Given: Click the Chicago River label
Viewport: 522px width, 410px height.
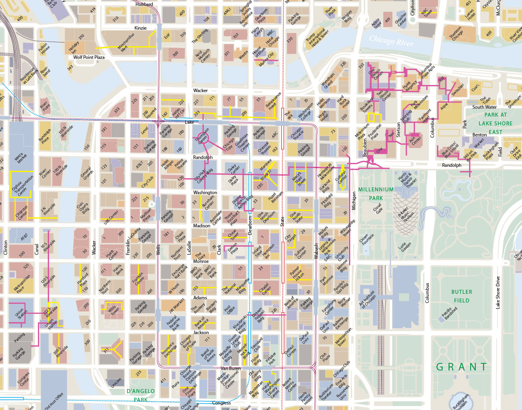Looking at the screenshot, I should click(391, 41).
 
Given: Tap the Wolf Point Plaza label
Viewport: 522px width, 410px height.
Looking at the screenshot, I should click(89, 57).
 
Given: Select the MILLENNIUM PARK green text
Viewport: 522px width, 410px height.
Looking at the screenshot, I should click(376, 194).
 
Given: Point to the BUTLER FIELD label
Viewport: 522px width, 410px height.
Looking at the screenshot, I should click(462, 296).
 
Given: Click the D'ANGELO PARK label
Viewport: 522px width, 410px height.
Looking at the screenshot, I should click(141, 395).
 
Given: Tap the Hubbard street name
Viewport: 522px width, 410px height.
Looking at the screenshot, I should click(144, 4).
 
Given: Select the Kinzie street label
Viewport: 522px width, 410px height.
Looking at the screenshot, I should click(141, 28).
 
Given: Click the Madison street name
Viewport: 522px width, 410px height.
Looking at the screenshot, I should click(202, 226).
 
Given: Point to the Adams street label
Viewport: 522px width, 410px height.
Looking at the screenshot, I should click(200, 298).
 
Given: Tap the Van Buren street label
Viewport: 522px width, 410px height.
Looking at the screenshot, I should click(231, 368).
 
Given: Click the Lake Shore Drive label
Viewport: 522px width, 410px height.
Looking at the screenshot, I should click(498, 293).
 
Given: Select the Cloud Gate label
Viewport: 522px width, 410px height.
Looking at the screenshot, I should click(378, 208).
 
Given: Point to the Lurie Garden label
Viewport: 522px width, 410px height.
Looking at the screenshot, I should click(405, 247).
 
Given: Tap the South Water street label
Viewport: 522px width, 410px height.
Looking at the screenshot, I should click(484, 107).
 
